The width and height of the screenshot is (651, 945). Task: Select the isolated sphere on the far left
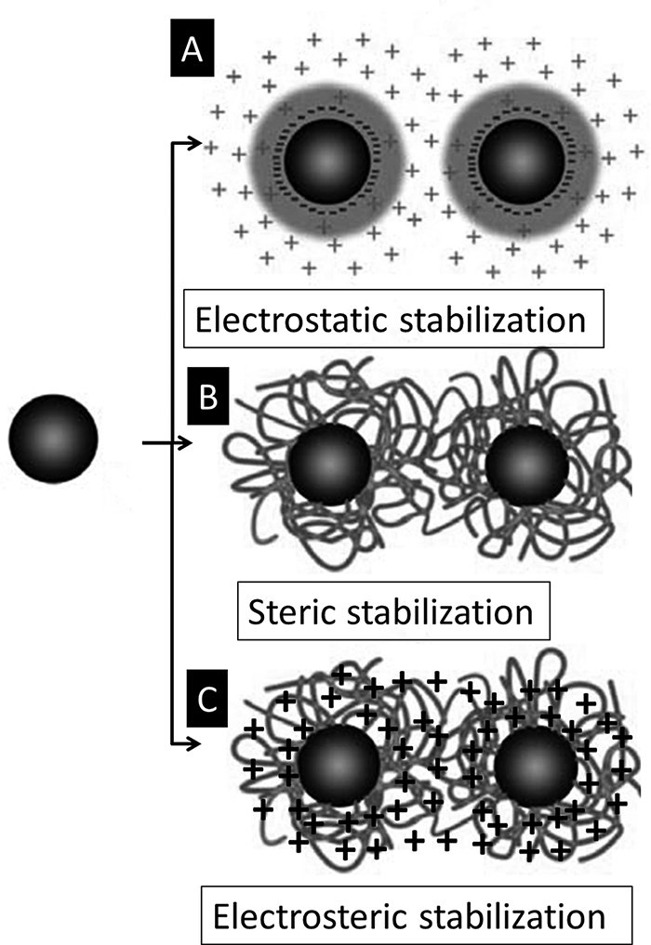point(53,438)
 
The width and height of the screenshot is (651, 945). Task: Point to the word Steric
point(294,613)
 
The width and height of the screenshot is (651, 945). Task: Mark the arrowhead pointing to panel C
point(193,743)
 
